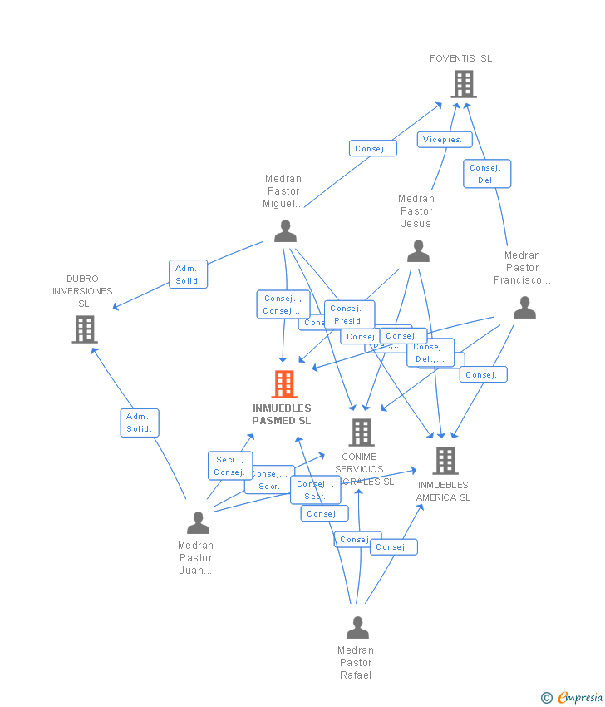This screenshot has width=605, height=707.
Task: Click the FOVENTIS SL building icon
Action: click(x=463, y=84)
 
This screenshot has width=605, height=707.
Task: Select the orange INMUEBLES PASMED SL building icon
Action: click(x=284, y=384)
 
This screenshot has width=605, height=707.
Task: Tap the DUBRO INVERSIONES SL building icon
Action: click(x=85, y=329)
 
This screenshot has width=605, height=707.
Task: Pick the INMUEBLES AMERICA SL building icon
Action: click(x=445, y=461)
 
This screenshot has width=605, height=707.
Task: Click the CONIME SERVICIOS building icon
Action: click(x=361, y=433)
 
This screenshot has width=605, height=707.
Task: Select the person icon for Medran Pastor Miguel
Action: click(x=285, y=231)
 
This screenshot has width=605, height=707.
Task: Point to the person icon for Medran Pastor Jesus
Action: click(x=418, y=251)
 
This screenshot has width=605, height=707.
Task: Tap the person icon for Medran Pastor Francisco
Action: click(x=524, y=309)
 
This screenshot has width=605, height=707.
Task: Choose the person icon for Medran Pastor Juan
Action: click(x=198, y=522)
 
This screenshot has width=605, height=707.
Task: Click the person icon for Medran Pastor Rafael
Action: click(x=357, y=628)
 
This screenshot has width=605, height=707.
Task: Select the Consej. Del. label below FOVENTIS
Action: click(x=486, y=174)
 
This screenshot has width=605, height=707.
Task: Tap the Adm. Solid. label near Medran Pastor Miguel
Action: click(x=188, y=274)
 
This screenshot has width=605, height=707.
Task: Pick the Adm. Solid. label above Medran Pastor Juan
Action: click(x=139, y=423)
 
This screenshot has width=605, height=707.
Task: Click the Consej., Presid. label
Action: click(x=349, y=314)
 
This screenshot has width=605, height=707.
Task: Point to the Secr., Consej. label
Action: click(x=229, y=466)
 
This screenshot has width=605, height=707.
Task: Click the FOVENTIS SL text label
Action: click(x=460, y=58)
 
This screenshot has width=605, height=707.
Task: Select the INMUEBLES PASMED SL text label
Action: click(x=282, y=414)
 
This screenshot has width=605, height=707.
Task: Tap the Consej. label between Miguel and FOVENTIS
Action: click(x=372, y=148)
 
